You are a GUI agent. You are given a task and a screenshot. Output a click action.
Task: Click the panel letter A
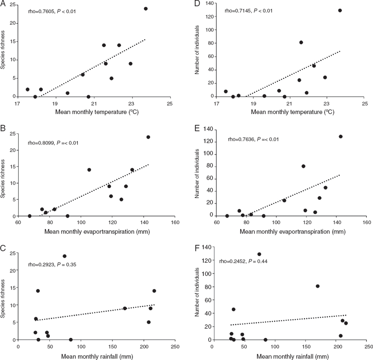[x=4, y=3]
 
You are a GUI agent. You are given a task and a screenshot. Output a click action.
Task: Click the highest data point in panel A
[x=145, y=9]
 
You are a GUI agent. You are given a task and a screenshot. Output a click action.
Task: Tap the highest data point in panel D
[x=340, y=10]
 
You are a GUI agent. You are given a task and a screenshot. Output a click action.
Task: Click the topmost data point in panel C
[x=65, y=256]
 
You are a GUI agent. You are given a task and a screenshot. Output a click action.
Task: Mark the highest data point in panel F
[x=259, y=254]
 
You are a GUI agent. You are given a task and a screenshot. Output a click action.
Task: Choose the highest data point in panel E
[x=340, y=136]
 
